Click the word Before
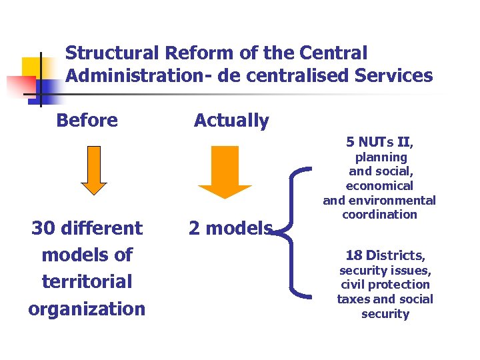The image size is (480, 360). (87, 121)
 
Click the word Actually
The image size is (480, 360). (231, 121)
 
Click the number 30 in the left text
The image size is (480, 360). (47, 228)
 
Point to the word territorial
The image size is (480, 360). (87, 281)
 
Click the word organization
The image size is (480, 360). (87, 309)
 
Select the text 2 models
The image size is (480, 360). (231, 229)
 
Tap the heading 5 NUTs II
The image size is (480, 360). (380, 142)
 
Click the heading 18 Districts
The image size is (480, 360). (385, 255)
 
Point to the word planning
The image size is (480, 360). (381, 157)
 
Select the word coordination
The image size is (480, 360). (379, 215)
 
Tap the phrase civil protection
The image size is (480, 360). (385, 285)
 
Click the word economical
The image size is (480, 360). (379, 186)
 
